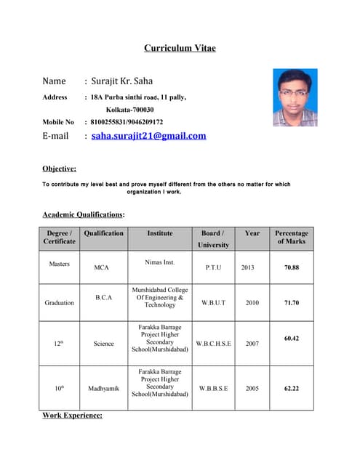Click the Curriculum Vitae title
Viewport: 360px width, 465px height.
pyautogui.click(x=180, y=48)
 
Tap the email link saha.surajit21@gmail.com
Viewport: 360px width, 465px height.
pyautogui.click(x=148, y=136)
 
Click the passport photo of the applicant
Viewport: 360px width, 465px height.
pyautogui.click(x=295, y=97)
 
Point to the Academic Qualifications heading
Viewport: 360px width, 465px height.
pyautogui.click(x=83, y=214)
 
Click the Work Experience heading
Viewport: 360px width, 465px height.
pyautogui.click(x=72, y=415)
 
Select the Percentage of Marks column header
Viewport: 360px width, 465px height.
pyautogui.click(x=291, y=237)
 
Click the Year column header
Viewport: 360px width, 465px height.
pyautogui.click(x=252, y=233)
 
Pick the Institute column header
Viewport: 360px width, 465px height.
pyautogui.click(x=160, y=233)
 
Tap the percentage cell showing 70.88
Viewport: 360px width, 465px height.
pyautogui.click(x=291, y=267)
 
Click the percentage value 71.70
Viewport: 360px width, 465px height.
pyautogui.click(x=291, y=302)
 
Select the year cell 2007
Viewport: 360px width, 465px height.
pyautogui.click(x=252, y=343)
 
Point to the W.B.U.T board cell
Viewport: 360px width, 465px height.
pyautogui.click(x=213, y=302)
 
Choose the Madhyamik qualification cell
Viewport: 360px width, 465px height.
pyautogui.click(x=103, y=389)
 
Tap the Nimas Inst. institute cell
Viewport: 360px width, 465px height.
pyautogui.click(x=160, y=261)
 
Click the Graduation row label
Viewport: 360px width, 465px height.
pyautogui.click(x=59, y=302)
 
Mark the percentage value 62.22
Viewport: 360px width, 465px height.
pyautogui.click(x=291, y=389)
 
